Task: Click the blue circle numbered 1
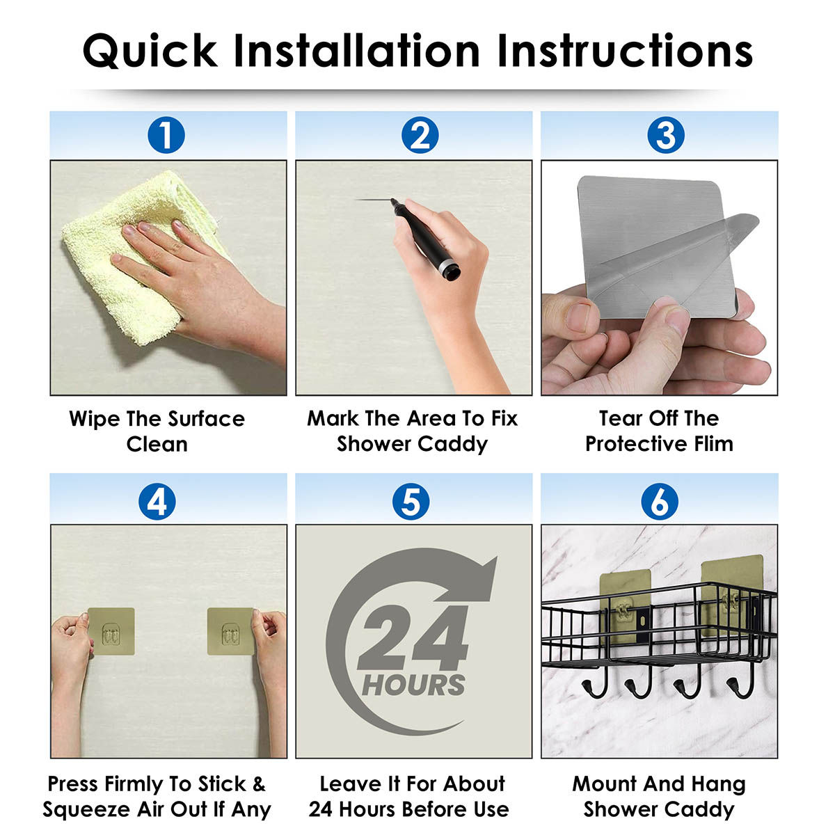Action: (166, 135)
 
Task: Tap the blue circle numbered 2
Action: (420, 135)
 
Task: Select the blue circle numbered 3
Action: (666, 135)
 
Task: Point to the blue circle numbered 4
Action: (157, 501)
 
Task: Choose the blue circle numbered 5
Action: (411, 501)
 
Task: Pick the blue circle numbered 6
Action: (660, 501)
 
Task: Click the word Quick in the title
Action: (150, 51)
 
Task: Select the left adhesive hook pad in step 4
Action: (111, 631)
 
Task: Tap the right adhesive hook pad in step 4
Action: (230, 631)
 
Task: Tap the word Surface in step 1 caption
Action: (206, 419)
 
